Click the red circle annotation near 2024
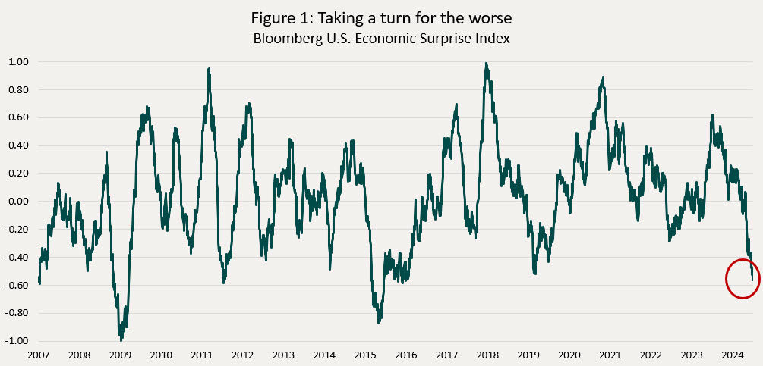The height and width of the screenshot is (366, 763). coord(747,278)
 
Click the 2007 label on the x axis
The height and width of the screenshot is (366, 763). coord(38,355)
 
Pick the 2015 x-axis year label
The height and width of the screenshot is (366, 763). coord(365,355)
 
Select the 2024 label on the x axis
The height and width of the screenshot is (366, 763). coord(732,355)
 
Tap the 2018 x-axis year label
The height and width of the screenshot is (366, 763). coord(487,355)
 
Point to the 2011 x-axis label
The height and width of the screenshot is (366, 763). coord(201,355)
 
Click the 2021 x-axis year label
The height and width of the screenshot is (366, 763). coord(610,355)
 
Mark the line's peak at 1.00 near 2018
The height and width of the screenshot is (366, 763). coord(486,64)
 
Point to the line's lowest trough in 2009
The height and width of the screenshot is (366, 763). coord(120,338)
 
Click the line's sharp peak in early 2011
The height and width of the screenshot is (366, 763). coord(208,69)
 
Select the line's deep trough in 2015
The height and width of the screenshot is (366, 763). coord(378,321)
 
